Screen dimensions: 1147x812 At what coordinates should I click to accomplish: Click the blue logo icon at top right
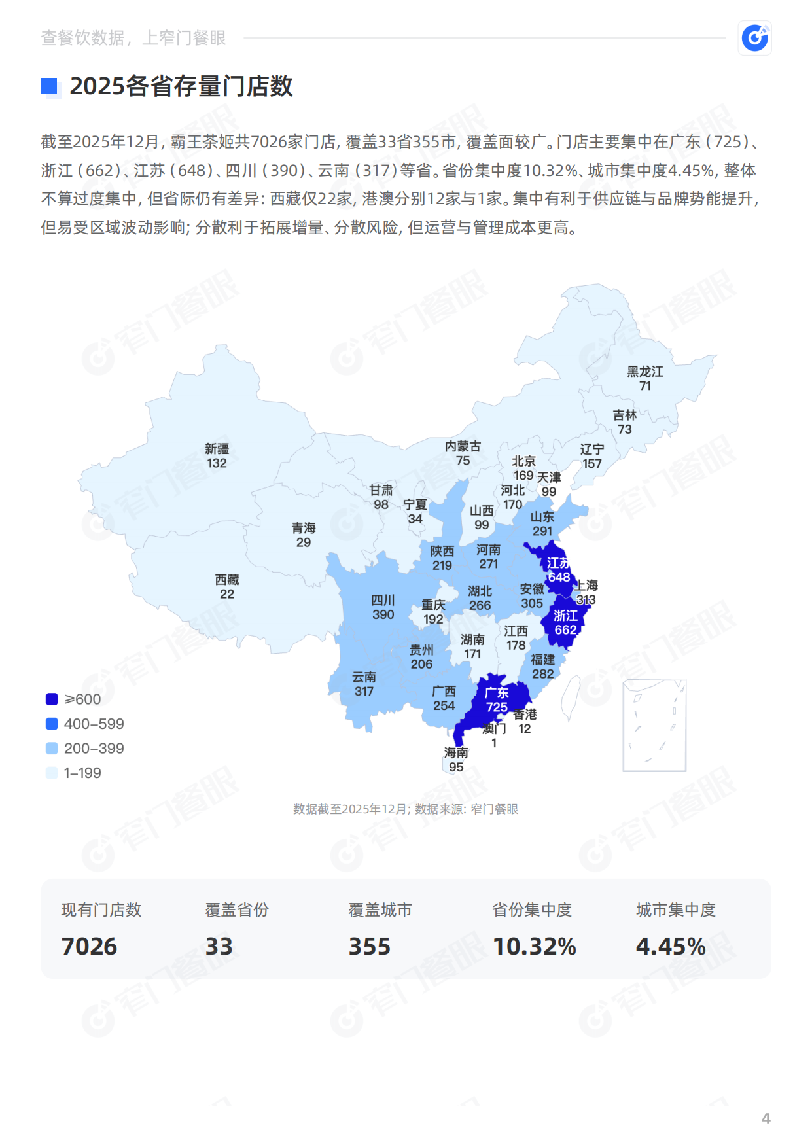pyautogui.click(x=754, y=38)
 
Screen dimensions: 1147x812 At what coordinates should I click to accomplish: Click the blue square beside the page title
pyautogui.click(x=49, y=86)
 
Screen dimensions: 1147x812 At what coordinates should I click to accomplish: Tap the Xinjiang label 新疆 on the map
pyautogui.click(x=217, y=449)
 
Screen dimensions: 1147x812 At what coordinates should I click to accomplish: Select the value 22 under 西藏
pyautogui.click(x=227, y=594)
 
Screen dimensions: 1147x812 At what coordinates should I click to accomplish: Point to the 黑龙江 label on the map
pyautogui.click(x=645, y=372)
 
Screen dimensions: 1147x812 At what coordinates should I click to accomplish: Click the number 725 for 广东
pyautogui.click(x=497, y=707)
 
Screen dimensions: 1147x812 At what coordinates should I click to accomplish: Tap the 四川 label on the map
pyautogui.click(x=383, y=600)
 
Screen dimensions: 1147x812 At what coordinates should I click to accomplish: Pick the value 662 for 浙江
pyautogui.click(x=565, y=630)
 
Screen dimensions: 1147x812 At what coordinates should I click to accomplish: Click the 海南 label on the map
pyautogui.click(x=456, y=752)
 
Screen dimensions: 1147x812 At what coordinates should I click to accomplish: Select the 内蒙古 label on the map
pyautogui.click(x=463, y=446)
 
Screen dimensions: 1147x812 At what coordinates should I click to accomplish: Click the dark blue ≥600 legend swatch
pyautogui.click(x=52, y=699)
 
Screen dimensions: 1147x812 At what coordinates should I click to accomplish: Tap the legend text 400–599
pyautogui.click(x=94, y=724)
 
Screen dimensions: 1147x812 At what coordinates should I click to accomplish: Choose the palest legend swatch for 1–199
pyautogui.click(x=52, y=773)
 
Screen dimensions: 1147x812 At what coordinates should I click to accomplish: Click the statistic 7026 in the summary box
pyautogui.click(x=89, y=946)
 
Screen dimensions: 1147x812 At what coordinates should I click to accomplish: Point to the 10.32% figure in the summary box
pyautogui.click(x=534, y=946)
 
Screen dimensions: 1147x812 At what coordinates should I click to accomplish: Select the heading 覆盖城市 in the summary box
pyautogui.click(x=380, y=910)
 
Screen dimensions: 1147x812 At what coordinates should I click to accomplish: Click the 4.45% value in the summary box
pyautogui.click(x=671, y=946)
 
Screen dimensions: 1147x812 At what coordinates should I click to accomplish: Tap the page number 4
pyautogui.click(x=766, y=1118)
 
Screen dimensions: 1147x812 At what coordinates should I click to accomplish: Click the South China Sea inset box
pyautogui.click(x=654, y=726)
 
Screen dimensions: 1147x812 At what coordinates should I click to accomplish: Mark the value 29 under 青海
pyautogui.click(x=304, y=542)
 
